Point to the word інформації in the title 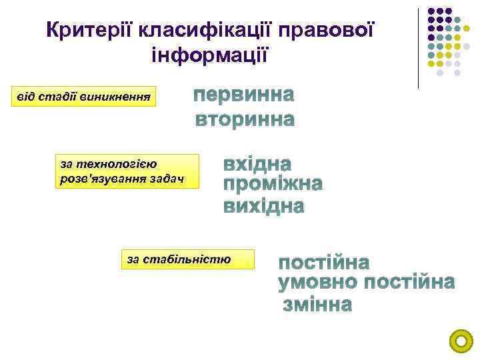click(210, 53)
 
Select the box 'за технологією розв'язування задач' click(127, 171)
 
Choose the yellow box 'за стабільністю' click(187, 259)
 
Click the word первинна click(243, 95)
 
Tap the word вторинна click(244, 120)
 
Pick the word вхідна click(257, 164)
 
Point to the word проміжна click(273, 185)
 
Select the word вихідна click(263, 206)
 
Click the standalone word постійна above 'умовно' click(323, 262)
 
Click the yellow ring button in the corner click(461, 341)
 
